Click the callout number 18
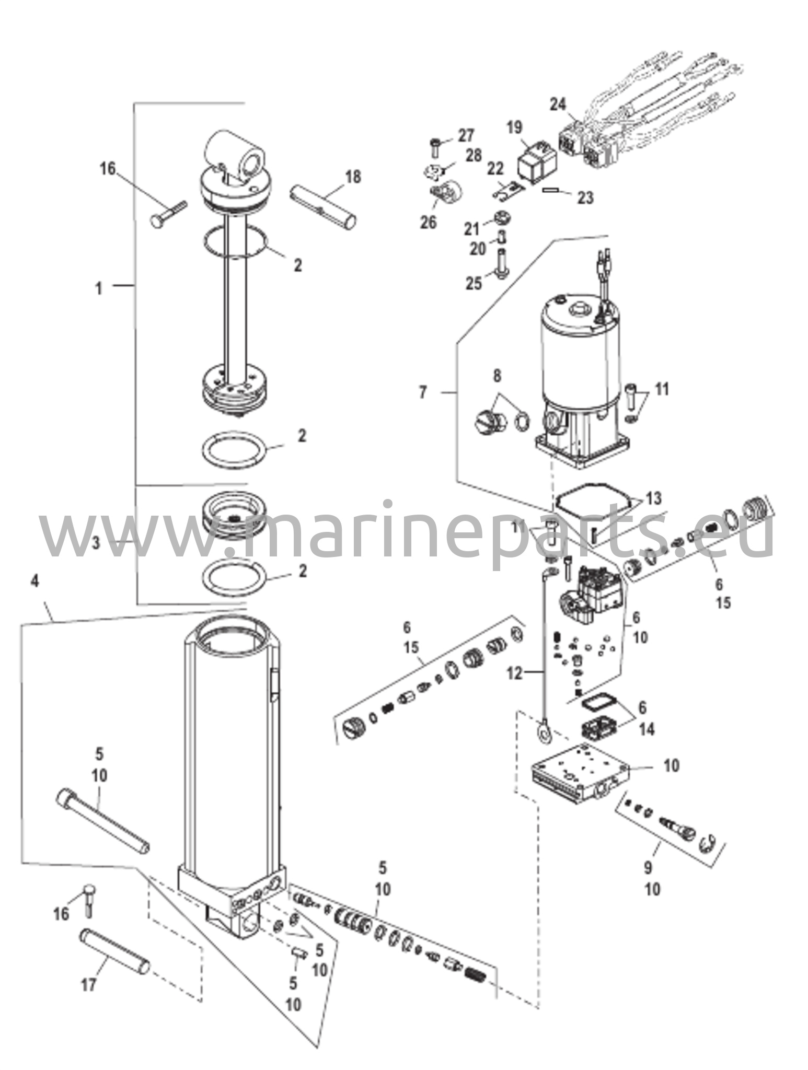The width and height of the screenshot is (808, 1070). tap(353, 177)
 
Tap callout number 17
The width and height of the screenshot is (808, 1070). tap(89, 985)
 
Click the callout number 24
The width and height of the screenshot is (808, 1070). tap(558, 104)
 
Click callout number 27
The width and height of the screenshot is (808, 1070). tap(466, 136)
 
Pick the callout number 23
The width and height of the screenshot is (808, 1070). tap(585, 197)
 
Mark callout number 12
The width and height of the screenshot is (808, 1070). tap(514, 673)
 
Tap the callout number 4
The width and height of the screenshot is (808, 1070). tap(34, 581)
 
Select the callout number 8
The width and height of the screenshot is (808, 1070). tap(497, 375)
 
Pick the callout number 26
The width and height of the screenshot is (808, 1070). tap(428, 223)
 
